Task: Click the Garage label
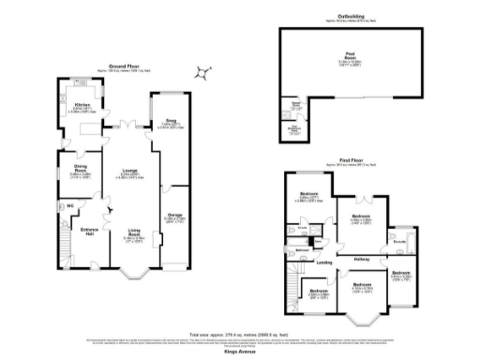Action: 173,215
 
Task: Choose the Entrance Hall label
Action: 90,229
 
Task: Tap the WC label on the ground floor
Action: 69,205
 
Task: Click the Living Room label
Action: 134,231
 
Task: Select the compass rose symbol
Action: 203,73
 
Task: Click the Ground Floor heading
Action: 123,67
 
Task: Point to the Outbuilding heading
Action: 351,16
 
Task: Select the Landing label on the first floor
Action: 324,262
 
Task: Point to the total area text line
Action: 240,333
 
